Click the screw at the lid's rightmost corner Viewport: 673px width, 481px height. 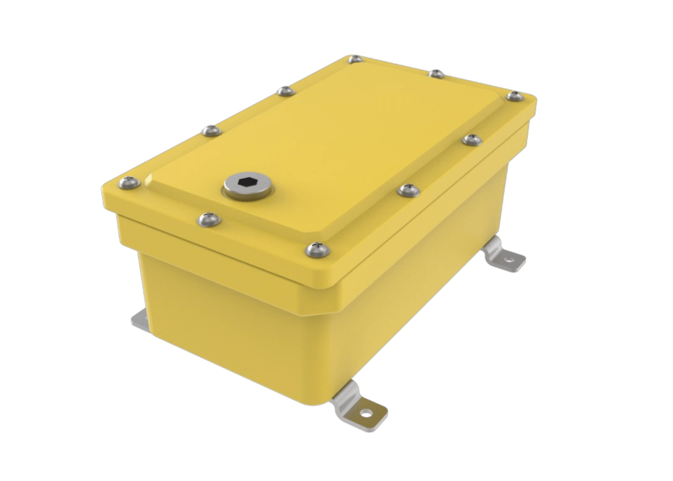[515, 96]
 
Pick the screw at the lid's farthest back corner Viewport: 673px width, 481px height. [355, 59]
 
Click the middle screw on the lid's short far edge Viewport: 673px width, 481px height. [436, 73]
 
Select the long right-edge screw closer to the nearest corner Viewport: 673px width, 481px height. [408, 190]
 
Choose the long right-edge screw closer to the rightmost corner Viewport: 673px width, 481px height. [471, 140]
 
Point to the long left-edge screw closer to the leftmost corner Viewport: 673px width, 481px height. [211, 131]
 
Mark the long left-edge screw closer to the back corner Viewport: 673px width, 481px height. [286, 91]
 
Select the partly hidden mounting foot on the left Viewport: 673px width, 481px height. [139, 320]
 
